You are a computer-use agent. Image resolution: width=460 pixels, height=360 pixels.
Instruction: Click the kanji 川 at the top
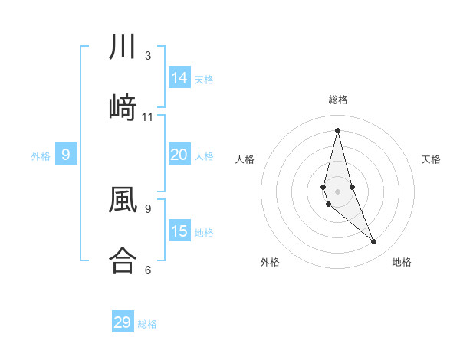click(123, 47)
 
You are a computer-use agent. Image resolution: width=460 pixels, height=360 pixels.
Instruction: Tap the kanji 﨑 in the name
click(123, 107)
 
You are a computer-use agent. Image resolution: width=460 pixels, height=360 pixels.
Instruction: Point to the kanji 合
click(123, 259)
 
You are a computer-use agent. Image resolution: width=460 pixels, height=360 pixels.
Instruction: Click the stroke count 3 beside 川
click(147, 56)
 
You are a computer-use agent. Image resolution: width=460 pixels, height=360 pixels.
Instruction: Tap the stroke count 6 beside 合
click(147, 269)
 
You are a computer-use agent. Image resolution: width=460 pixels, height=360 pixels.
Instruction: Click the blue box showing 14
click(179, 78)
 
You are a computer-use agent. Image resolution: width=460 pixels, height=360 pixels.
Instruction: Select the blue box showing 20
click(179, 155)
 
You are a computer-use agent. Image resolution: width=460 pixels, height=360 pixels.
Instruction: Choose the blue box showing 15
click(179, 231)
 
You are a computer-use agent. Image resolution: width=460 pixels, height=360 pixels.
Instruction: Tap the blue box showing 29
click(123, 322)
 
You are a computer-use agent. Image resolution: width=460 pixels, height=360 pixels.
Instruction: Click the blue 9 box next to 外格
click(66, 155)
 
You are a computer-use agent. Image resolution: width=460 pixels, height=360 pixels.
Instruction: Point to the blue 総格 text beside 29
click(148, 324)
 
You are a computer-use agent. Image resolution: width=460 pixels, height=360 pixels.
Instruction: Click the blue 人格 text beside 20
click(204, 156)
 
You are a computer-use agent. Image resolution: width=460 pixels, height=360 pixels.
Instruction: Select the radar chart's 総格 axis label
click(338, 100)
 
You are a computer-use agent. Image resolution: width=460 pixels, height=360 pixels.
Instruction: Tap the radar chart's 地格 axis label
click(402, 262)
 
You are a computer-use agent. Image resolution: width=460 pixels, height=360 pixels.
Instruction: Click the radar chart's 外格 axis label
click(270, 262)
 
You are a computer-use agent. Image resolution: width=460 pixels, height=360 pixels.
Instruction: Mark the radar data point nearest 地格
click(374, 242)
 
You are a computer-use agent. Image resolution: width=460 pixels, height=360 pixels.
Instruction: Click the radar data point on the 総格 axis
click(337, 129)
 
